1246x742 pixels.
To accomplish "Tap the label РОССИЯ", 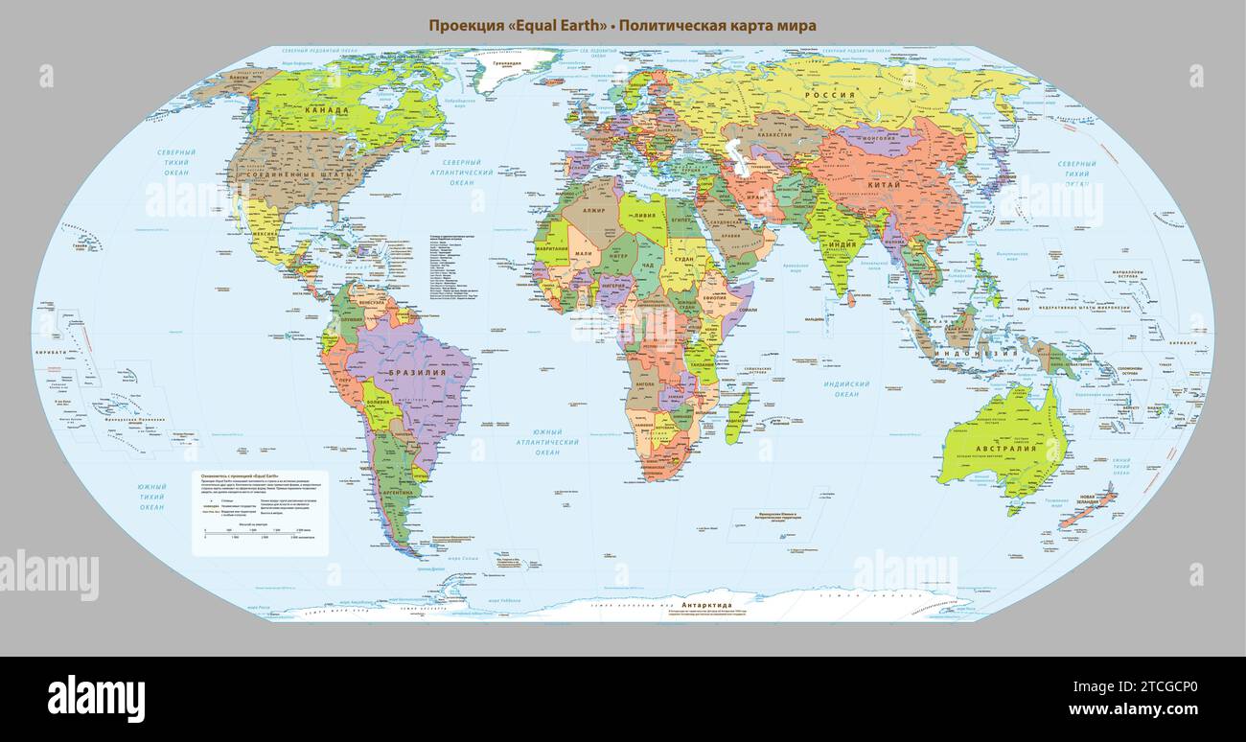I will coord(829,96).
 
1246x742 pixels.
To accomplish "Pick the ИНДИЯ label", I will coord(842,243).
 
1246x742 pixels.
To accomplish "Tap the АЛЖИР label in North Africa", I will coord(594,210).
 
